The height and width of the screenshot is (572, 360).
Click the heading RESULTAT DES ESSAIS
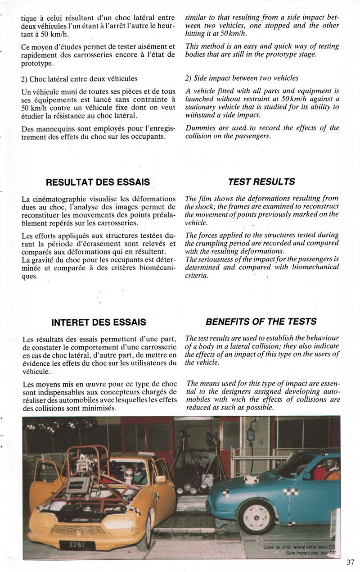point(98,182)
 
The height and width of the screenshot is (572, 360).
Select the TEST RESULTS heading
point(261,182)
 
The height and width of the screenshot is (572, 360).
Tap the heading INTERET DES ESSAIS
point(99,322)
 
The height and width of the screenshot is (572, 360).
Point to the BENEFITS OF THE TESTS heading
point(261,322)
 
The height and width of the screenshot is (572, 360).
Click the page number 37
point(351,562)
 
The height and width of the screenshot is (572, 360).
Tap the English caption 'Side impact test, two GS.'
point(310,553)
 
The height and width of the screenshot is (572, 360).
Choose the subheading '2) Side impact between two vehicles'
point(242,78)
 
